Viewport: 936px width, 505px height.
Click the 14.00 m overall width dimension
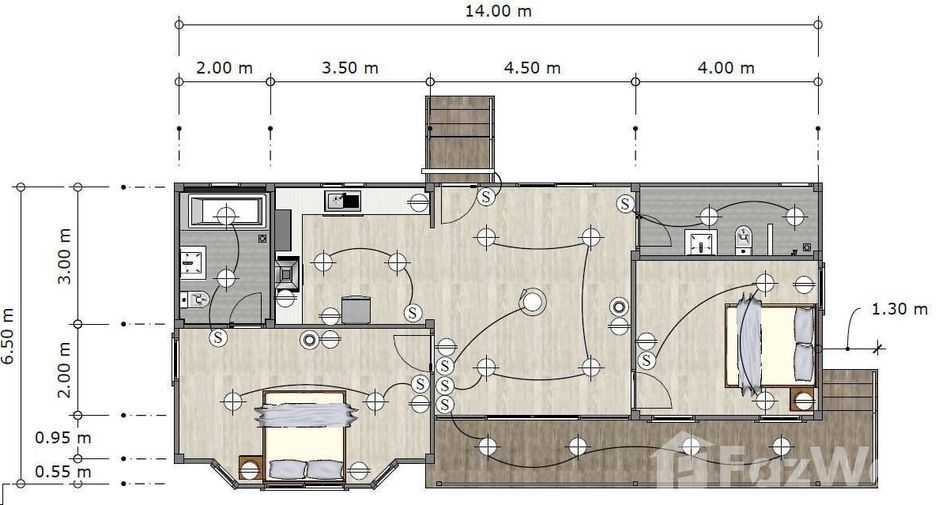click(498, 11)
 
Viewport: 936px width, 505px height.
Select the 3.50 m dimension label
click(350, 67)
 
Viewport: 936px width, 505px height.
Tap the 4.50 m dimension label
click(532, 67)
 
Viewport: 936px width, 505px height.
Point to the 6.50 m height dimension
click(8, 336)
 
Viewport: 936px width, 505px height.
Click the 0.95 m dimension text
click(63, 438)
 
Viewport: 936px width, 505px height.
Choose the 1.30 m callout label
click(900, 309)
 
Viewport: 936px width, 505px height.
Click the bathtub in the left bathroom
click(226, 211)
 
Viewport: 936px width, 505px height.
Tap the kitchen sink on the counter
click(343, 201)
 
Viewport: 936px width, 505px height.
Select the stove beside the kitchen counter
click(287, 273)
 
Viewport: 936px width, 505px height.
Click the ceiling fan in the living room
click(531, 301)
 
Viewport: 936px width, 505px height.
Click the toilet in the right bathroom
click(743, 239)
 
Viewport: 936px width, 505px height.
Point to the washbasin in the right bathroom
click(700, 242)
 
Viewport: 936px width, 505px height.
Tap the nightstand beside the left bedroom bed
click(251, 468)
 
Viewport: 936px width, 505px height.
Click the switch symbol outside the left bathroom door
click(218, 337)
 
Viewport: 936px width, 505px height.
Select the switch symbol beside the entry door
click(486, 196)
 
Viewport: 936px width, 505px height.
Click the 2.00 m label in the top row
click(224, 67)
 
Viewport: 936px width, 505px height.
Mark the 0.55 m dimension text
click(63, 472)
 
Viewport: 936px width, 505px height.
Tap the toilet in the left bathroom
click(195, 298)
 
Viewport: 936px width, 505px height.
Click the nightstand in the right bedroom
click(803, 399)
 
